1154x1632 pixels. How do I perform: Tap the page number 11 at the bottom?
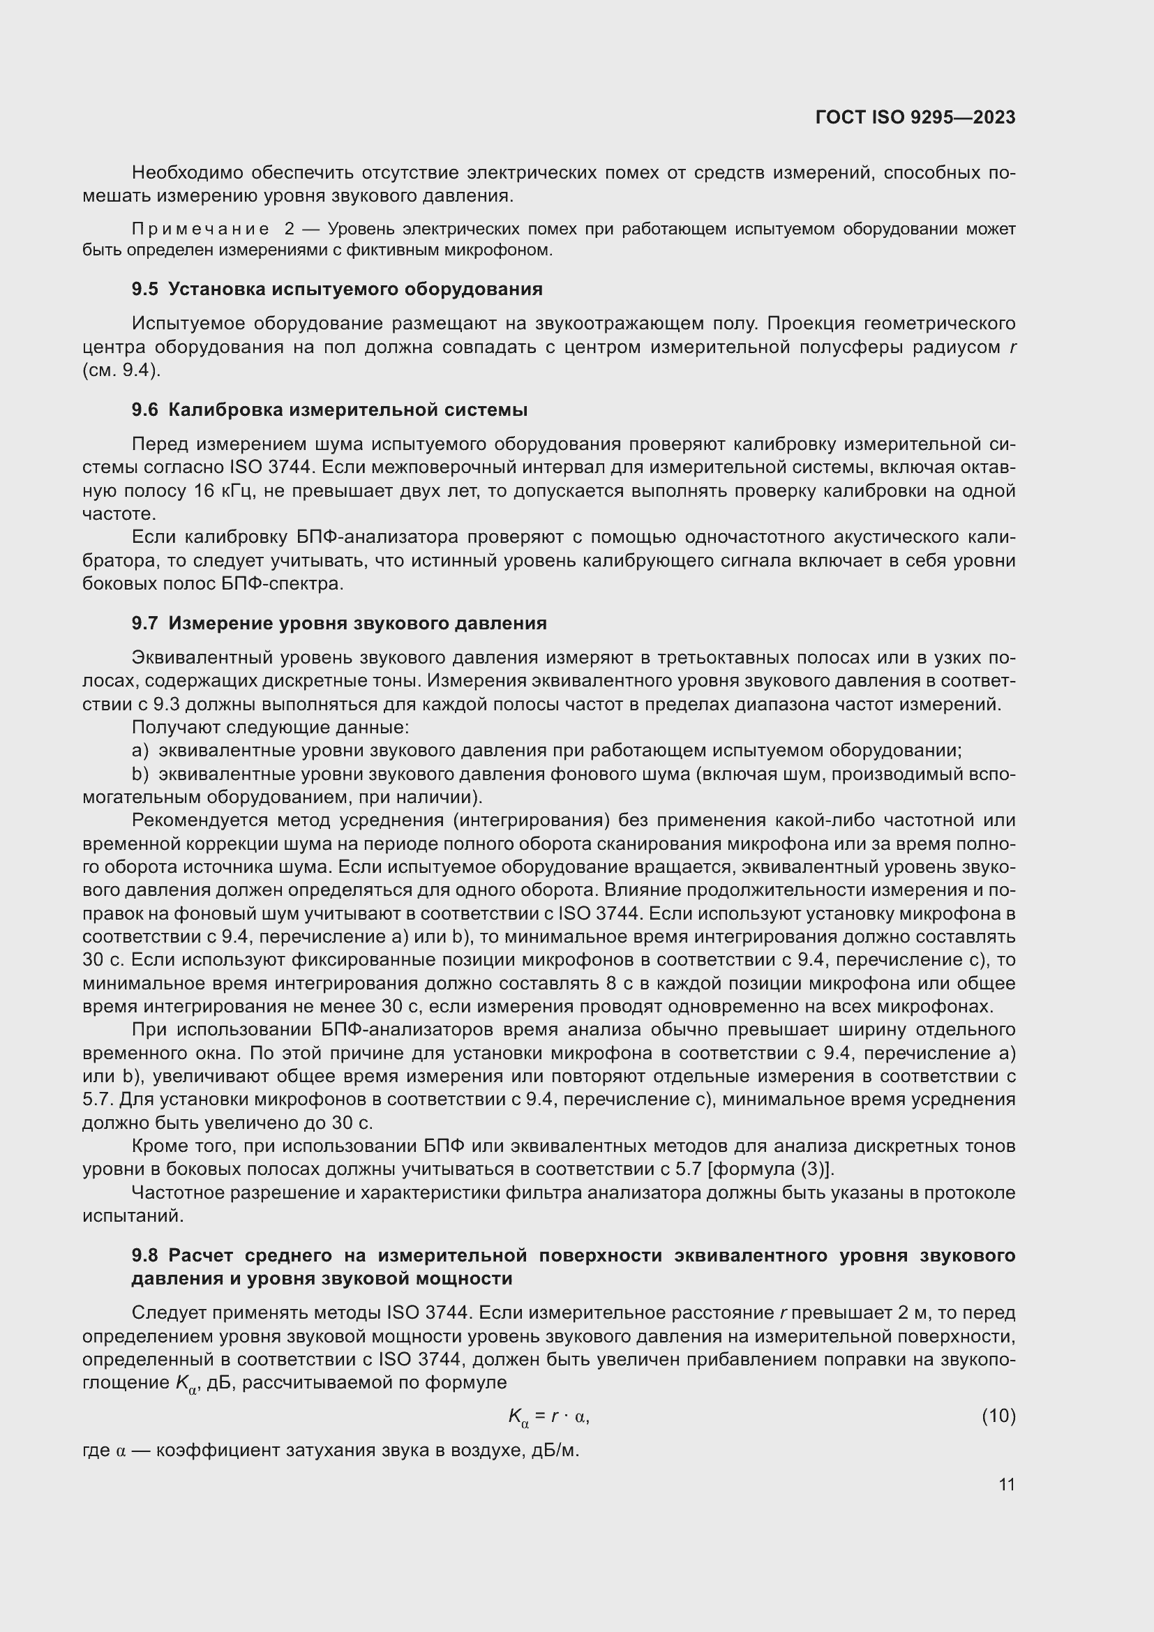(1006, 1485)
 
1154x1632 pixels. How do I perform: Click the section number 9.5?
(145, 290)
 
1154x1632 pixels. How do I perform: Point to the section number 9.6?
(145, 410)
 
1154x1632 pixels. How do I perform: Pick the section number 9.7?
(145, 623)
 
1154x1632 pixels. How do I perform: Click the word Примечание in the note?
(200, 230)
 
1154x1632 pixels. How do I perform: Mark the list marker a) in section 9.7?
(140, 751)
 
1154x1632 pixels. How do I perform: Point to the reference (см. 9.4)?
(121, 370)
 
